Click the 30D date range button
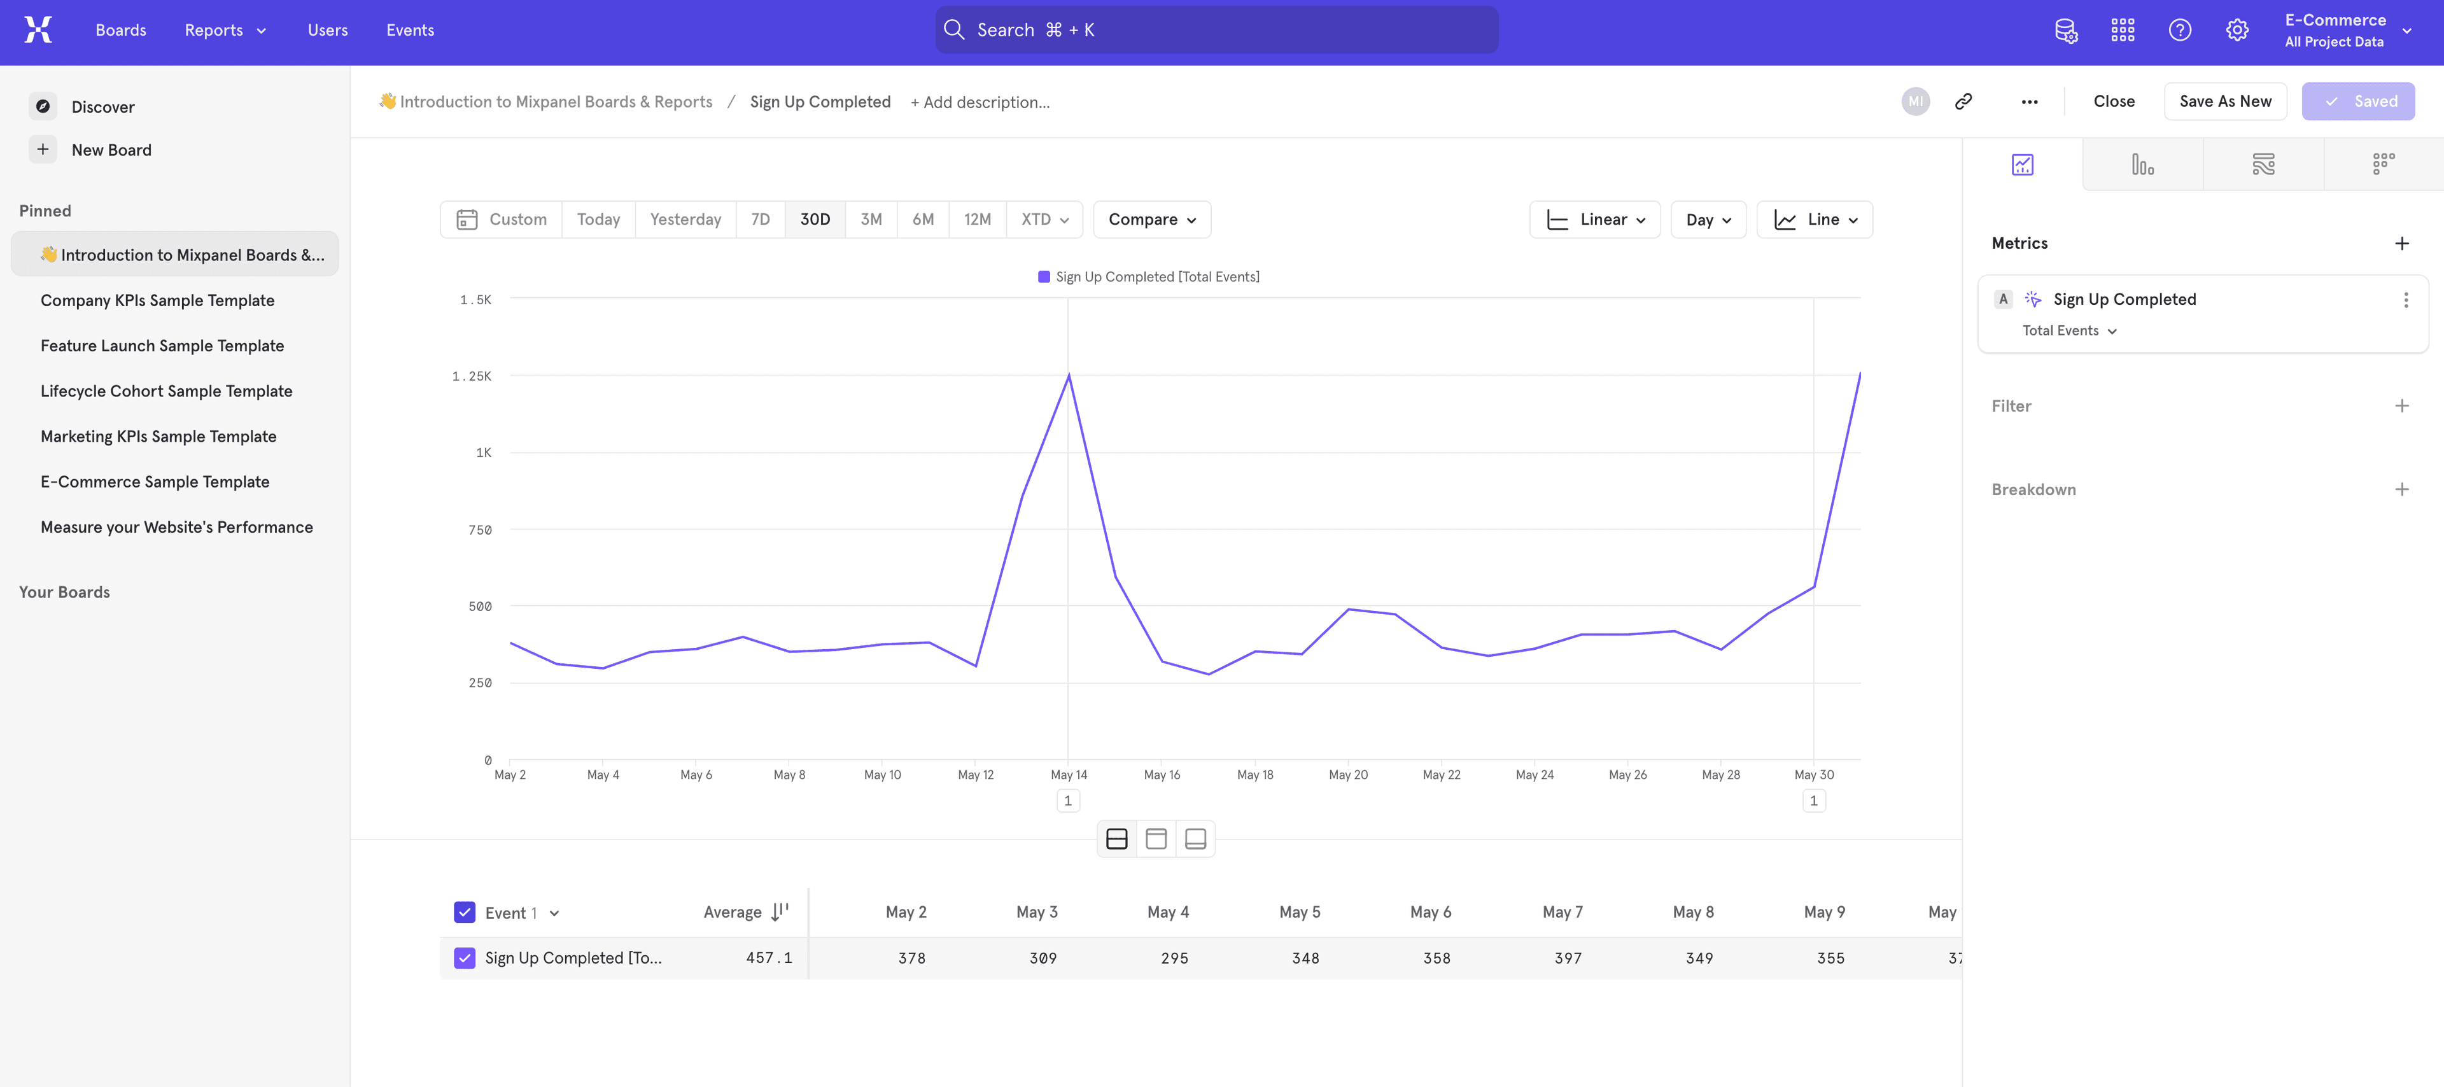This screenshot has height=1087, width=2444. pos(814,219)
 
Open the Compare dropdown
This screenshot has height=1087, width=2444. pos(1151,219)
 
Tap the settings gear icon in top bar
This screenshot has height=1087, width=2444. pos(2237,31)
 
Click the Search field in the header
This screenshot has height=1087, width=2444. pos(1216,31)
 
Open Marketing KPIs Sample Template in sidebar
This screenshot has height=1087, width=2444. pos(158,437)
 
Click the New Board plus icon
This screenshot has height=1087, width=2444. pos(43,150)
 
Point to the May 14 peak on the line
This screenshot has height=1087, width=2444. pos(1069,375)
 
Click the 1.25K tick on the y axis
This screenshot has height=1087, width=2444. pos(472,377)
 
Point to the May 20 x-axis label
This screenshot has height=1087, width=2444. pos(1347,775)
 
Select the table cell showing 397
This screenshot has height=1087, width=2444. pos(1568,958)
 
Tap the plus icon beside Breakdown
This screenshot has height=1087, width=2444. pos(2401,489)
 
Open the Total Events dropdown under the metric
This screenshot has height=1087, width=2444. pos(2068,331)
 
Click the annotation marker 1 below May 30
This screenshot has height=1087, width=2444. pos(1813,801)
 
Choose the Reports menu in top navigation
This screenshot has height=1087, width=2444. pos(225,31)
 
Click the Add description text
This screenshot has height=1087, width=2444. pos(979,102)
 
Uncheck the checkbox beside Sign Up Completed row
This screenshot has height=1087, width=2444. pos(464,958)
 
